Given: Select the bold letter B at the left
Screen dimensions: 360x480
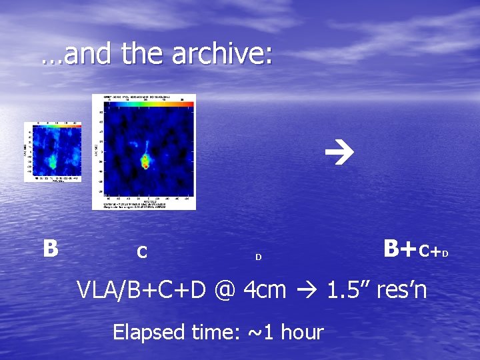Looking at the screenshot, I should point(50,248).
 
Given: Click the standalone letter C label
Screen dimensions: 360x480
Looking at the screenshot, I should point(141,253).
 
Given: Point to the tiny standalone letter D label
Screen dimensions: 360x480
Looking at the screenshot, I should point(259,257).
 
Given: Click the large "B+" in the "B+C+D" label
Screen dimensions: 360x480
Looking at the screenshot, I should point(400,249).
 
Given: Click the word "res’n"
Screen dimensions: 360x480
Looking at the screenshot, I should point(402,290).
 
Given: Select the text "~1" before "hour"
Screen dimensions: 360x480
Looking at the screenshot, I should point(256,331).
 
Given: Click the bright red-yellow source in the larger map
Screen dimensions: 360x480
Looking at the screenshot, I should point(145,161).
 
